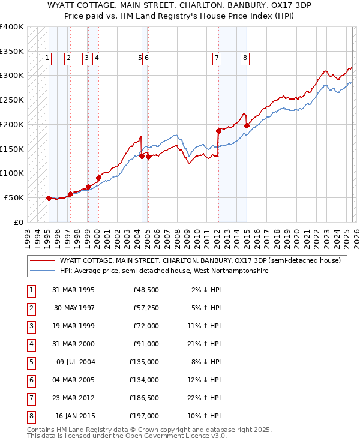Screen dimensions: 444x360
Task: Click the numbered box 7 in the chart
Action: pos(216,58)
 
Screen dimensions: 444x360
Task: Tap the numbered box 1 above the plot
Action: pos(47,58)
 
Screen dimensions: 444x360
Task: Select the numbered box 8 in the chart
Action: pos(245,58)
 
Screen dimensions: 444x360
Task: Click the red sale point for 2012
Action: pos(218,130)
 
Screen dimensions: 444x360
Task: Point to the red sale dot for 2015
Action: pos(247,125)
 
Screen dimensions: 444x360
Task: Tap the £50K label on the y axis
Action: pos(14,197)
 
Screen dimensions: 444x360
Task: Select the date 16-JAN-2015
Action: pos(74,416)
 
